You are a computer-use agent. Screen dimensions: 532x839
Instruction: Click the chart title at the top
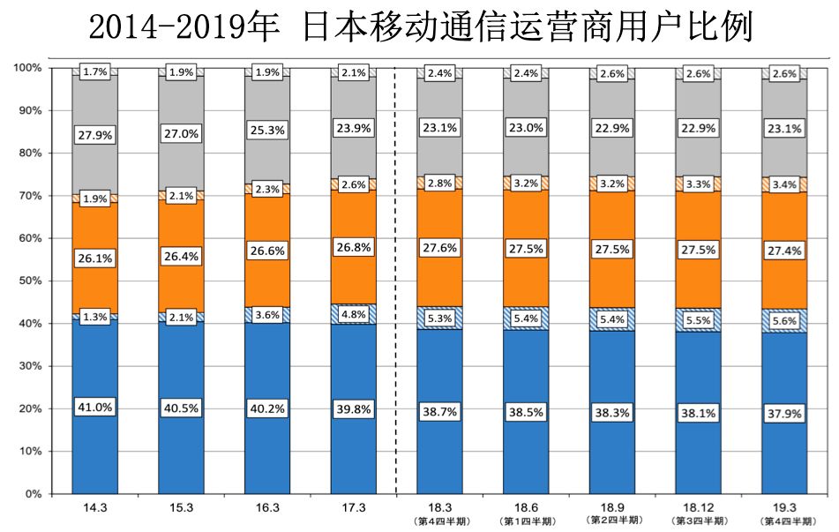[x=420, y=26]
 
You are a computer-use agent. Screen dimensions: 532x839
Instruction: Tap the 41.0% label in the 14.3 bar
[x=94, y=408]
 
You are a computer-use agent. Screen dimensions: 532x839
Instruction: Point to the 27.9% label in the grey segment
[x=94, y=136]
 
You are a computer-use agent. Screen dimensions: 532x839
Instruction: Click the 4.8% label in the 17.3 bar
[x=353, y=312]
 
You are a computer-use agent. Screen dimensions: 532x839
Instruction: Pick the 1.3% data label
[x=94, y=317]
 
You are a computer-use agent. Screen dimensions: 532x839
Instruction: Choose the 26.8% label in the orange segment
[x=353, y=247]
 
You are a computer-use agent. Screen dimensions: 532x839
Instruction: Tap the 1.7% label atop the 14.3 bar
[x=94, y=71]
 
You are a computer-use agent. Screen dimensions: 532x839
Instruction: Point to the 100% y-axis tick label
[x=26, y=68]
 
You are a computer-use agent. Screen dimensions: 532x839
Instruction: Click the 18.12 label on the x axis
[x=698, y=508]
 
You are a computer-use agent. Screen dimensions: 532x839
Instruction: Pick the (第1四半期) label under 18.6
[x=525, y=521]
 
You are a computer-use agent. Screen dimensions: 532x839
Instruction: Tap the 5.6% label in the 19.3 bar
[x=784, y=321]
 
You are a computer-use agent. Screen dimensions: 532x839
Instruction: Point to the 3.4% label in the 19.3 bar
[x=784, y=184]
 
